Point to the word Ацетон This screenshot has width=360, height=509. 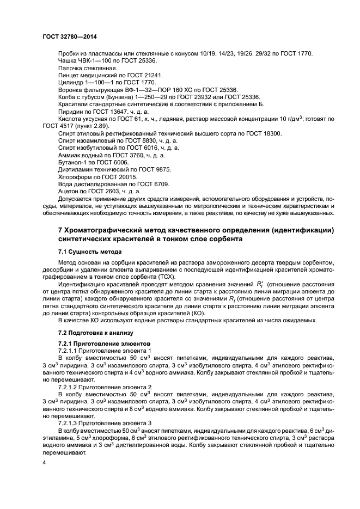click(x=68, y=191)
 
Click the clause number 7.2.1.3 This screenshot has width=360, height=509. click(x=69, y=423)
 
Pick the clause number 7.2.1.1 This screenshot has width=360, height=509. click(x=69, y=351)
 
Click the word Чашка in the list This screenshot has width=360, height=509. click(x=68, y=60)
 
